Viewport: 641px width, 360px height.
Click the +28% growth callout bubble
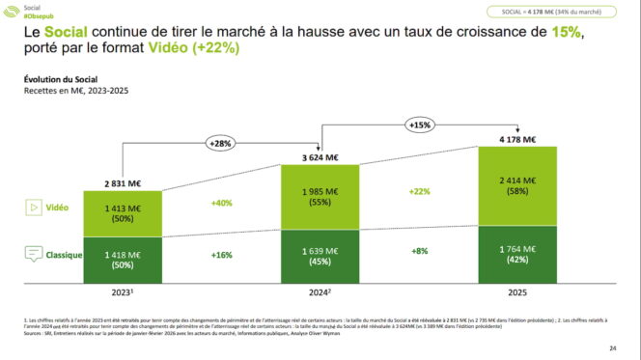221,144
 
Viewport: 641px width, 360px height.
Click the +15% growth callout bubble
420,125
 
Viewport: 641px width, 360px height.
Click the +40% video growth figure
221,205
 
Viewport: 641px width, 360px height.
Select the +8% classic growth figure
420,251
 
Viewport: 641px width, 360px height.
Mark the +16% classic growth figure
221,256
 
